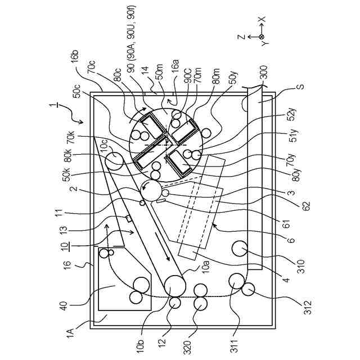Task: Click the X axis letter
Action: click(262, 20)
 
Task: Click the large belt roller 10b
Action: click(175, 285)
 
